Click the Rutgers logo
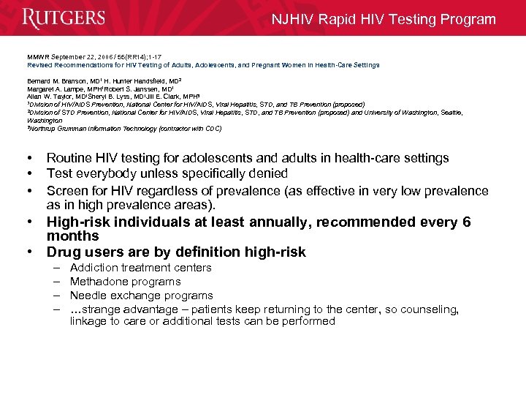click(x=64, y=18)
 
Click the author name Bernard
click(x=39, y=80)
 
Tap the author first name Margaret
click(x=41, y=89)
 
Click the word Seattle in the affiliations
click(x=449, y=113)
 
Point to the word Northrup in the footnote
click(x=43, y=129)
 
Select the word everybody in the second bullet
click(x=104, y=174)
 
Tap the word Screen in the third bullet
click(x=66, y=190)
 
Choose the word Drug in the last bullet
click(x=62, y=252)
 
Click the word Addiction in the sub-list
click(x=96, y=268)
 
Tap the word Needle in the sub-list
click(x=88, y=296)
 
